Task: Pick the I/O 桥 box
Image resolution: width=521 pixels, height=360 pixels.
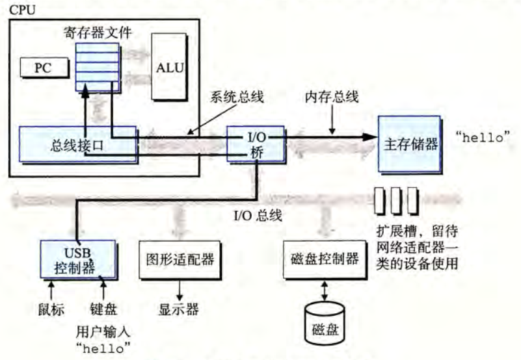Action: [x=256, y=143]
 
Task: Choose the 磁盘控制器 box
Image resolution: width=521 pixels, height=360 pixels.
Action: [x=322, y=259]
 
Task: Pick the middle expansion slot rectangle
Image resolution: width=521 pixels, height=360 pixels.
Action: [x=396, y=201]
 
